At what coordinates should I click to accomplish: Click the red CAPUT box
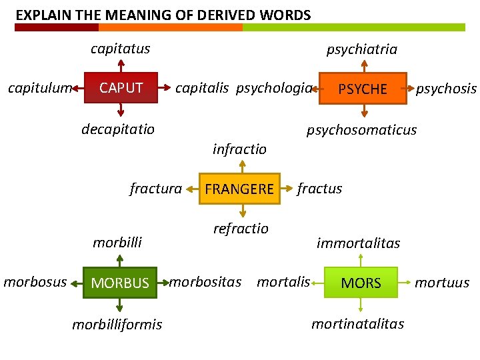point(121,88)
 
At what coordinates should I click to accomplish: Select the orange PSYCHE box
point(363,89)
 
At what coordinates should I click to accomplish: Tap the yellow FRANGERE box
point(239,189)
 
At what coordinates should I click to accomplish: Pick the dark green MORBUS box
point(120,283)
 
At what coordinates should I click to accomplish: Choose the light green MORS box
point(361,283)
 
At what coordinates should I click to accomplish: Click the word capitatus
point(121,49)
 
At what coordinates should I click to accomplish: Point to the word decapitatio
point(118,129)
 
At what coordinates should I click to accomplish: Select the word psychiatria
point(361,49)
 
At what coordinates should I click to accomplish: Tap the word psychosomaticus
point(361,130)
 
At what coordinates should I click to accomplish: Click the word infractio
point(239,149)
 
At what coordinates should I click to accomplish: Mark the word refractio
point(241,229)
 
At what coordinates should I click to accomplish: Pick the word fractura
point(155,189)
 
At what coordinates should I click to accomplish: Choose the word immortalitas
point(358,243)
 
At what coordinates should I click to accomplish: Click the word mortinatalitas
point(358,324)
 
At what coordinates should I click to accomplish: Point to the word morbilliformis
point(117,325)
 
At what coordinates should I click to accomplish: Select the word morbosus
point(35,282)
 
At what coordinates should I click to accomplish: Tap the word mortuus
point(442,283)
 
